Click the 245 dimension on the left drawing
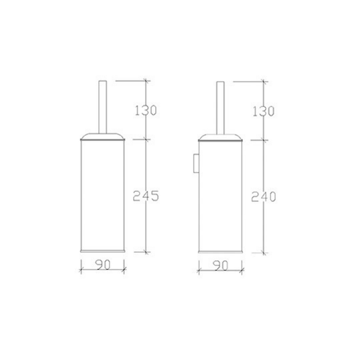tap(146, 196)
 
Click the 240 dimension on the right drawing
tap(263, 197)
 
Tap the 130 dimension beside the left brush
tap(146, 110)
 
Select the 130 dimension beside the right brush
tap(263, 111)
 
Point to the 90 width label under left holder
tap(103, 265)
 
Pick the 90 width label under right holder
tap(220, 266)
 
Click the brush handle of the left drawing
tap(102, 107)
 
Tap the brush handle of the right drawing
tap(220, 108)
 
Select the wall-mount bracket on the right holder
tap(196, 163)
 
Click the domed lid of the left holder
tap(102, 136)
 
